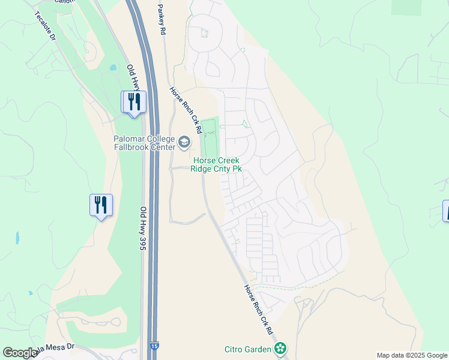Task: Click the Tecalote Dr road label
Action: click(x=45, y=25)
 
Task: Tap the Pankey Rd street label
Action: click(x=161, y=19)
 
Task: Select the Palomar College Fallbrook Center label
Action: click(x=145, y=143)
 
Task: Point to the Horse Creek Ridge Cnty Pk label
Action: click(x=216, y=164)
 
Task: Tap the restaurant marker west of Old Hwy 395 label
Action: click(x=100, y=205)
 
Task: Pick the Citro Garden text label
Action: click(x=248, y=349)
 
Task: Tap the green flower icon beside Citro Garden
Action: click(x=279, y=348)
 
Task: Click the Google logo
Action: click(x=19, y=353)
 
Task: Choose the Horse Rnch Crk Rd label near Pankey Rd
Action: click(x=185, y=110)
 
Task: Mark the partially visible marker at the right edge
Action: click(x=445, y=211)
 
